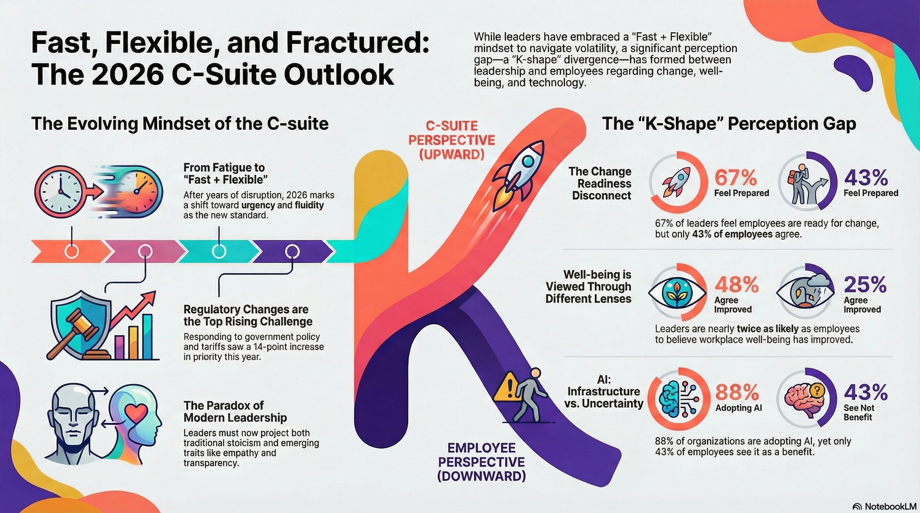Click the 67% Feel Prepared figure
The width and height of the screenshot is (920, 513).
(x=735, y=178)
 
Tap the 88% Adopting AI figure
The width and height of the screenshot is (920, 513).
(x=737, y=392)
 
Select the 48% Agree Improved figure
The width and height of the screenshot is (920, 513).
(x=736, y=285)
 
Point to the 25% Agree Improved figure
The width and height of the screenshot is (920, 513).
(x=865, y=285)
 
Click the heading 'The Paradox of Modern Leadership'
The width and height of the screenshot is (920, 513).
(x=235, y=412)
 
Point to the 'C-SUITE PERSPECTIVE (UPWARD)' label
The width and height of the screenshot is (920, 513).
(x=452, y=140)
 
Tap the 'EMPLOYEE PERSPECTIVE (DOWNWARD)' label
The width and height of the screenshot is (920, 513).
(x=481, y=462)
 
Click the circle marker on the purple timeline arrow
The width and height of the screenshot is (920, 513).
(x=293, y=252)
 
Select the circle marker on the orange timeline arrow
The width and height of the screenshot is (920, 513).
(x=71, y=252)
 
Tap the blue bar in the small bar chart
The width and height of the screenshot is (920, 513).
(x=148, y=336)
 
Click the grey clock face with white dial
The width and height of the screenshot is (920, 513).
(x=59, y=192)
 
